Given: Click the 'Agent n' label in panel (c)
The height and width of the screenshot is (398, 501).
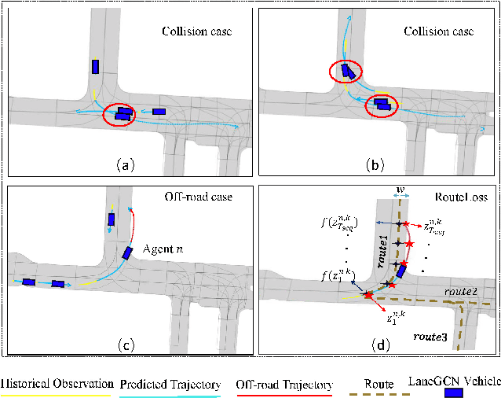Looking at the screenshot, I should [164, 249].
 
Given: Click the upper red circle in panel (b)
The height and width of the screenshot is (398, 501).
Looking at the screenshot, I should [347, 72].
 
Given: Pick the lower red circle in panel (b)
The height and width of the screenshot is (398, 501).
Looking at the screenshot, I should [382, 104].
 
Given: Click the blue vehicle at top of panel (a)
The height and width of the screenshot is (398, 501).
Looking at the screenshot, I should [95, 67].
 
